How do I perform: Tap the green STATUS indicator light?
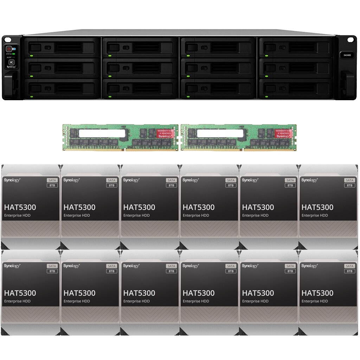[x=14, y=54]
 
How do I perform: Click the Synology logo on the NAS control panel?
[x=10, y=66]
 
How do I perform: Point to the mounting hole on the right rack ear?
[x=350, y=39]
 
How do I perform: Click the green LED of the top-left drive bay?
[x=31, y=56]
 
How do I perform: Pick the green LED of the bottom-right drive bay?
[x=266, y=96]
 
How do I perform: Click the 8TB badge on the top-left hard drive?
[x=52, y=185]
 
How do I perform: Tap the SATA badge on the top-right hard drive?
[x=349, y=180]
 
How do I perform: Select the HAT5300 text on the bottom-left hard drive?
[x=20, y=293]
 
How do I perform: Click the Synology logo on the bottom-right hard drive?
[x=309, y=266]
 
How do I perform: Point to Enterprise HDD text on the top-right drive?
[x=315, y=216]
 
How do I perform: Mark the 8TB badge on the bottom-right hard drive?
[x=349, y=271]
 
